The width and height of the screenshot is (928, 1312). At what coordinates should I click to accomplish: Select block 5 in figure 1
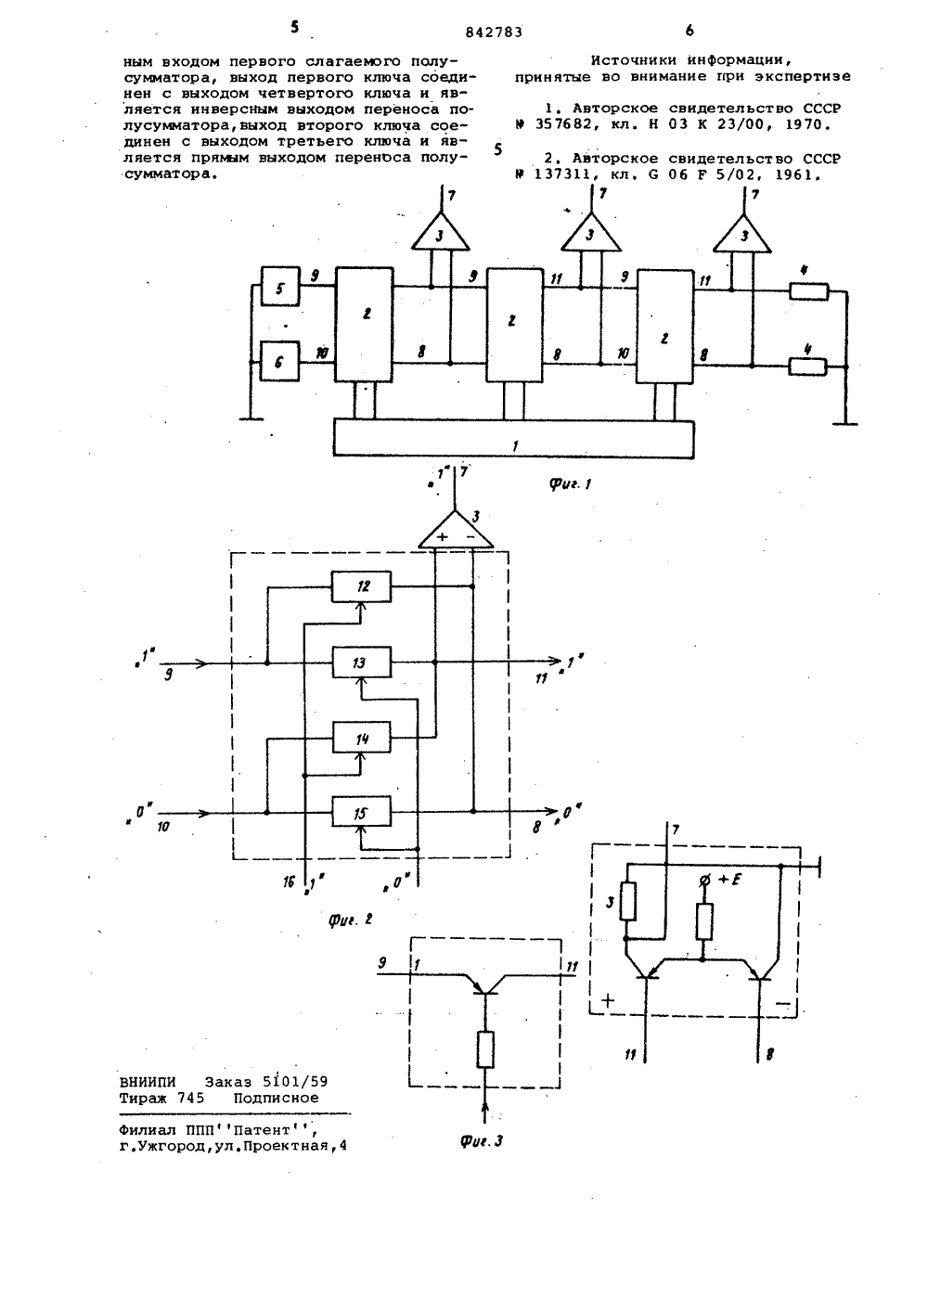(x=280, y=287)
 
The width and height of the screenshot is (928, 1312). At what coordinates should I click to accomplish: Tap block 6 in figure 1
(x=279, y=361)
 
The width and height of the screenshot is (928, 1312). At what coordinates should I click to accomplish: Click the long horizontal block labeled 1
(x=513, y=439)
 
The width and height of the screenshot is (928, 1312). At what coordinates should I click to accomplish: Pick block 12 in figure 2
(x=362, y=586)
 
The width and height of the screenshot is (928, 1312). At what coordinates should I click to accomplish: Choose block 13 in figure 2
(x=362, y=662)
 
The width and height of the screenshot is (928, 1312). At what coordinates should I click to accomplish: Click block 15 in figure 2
(x=362, y=812)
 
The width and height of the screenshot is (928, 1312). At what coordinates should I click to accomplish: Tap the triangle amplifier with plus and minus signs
(x=456, y=532)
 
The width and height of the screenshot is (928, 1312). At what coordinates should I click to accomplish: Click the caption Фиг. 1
(x=570, y=483)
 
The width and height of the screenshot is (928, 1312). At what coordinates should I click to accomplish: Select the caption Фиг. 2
(x=351, y=919)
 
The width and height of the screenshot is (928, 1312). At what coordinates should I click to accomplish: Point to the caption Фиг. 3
(x=482, y=1140)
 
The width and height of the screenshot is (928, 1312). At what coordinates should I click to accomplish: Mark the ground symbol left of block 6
(x=251, y=418)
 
